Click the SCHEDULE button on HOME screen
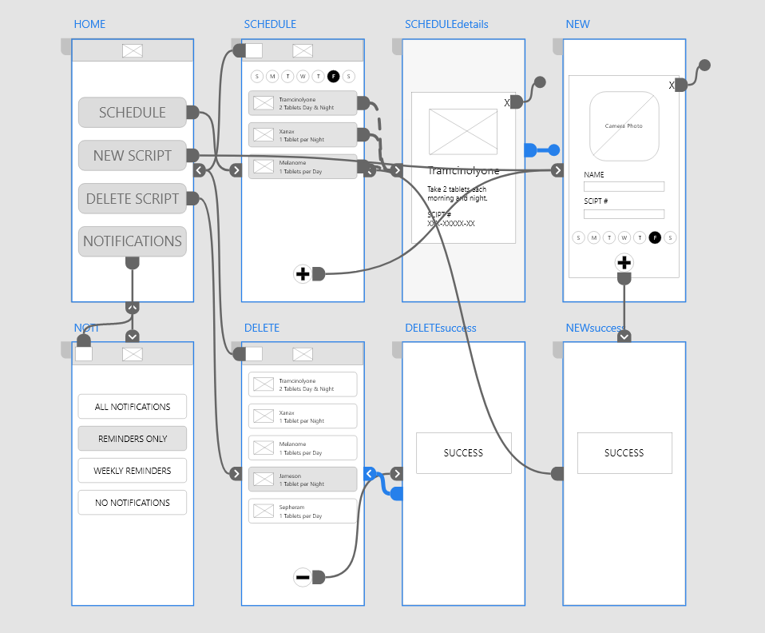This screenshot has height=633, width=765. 132,113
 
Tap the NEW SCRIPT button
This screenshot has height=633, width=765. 132,156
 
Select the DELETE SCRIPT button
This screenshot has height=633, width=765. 132,199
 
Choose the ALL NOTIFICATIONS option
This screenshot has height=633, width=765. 132,407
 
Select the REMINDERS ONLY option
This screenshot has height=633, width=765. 132,439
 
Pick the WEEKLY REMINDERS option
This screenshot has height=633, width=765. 132,471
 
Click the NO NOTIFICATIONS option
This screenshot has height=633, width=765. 132,503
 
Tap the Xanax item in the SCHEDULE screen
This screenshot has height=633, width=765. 302,135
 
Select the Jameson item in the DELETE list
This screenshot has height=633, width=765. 302,480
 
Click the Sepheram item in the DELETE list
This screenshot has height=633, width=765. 302,512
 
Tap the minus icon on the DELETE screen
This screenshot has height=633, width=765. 303,577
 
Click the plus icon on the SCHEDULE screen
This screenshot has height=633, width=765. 303,274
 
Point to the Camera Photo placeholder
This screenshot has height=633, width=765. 624,126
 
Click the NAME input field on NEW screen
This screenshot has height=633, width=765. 624,187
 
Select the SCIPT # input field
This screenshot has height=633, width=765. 624,214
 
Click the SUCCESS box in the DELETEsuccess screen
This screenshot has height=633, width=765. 463,453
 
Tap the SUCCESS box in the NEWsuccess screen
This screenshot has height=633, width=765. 624,453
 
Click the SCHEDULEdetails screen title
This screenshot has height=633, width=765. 446,24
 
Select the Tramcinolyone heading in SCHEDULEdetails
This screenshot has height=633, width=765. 464,171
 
